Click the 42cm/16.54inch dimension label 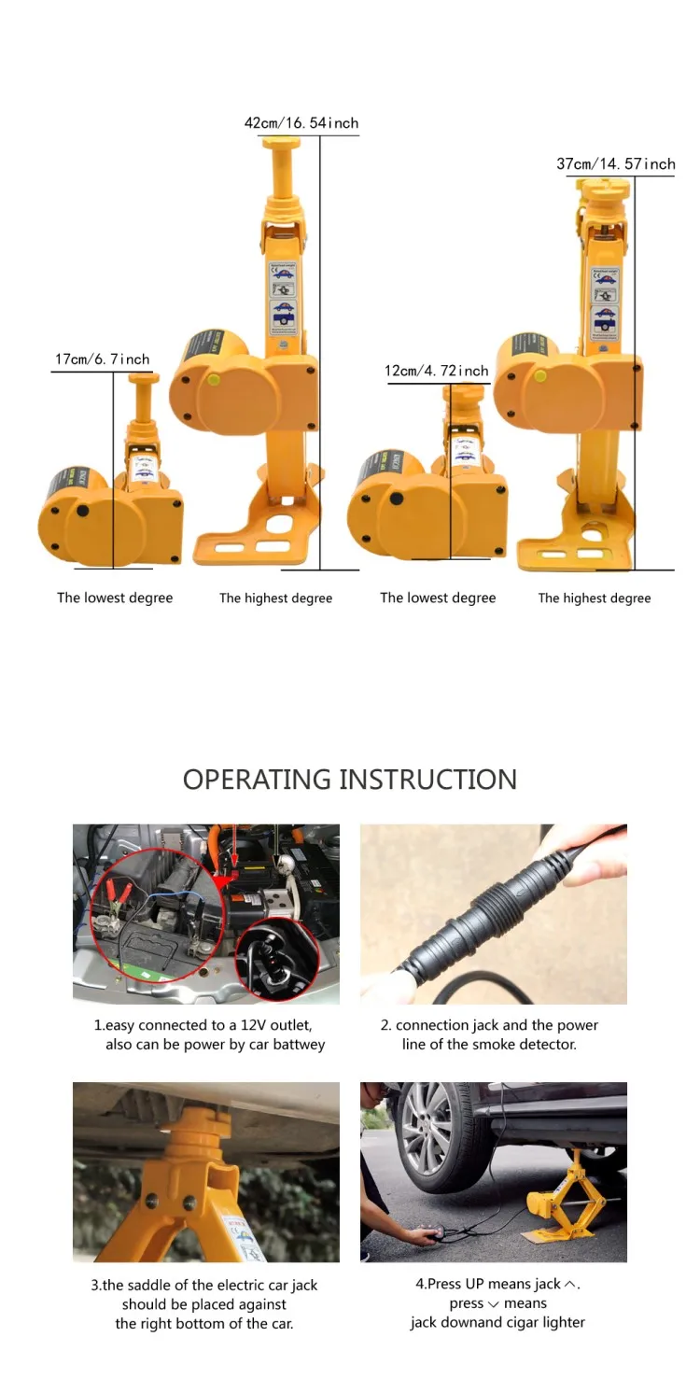[x=301, y=123]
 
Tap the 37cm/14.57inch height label [x=615, y=164]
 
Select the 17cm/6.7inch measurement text [x=103, y=359]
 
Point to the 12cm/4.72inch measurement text [x=437, y=372]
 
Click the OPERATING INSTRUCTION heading [x=349, y=780]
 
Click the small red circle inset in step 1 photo [x=277, y=960]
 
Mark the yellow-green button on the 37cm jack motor [x=540, y=375]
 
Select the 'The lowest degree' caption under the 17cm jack [x=115, y=598]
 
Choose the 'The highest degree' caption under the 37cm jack [x=595, y=598]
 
